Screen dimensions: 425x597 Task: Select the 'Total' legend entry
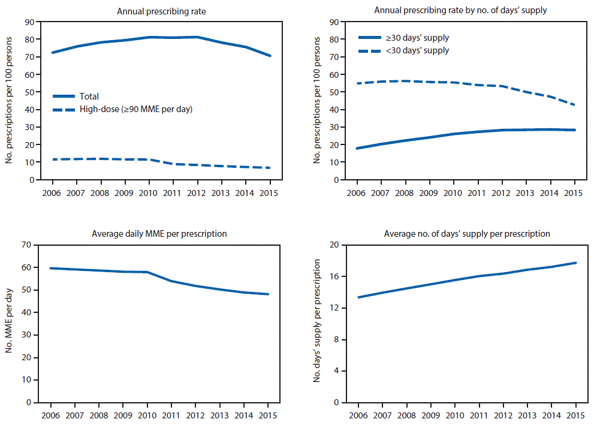(89, 96)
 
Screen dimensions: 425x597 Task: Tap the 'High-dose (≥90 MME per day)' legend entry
(135, 110)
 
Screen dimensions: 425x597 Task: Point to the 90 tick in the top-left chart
(28, 22)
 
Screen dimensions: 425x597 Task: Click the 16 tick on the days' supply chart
(334, 276)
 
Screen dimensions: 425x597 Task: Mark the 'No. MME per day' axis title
(10, 324)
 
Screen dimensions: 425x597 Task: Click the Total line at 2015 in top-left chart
(270, 56)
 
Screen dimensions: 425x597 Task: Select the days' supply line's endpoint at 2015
(574, 263)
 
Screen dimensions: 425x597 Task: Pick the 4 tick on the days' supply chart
(337, 371)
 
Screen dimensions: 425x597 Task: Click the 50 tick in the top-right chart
(334, 92)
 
